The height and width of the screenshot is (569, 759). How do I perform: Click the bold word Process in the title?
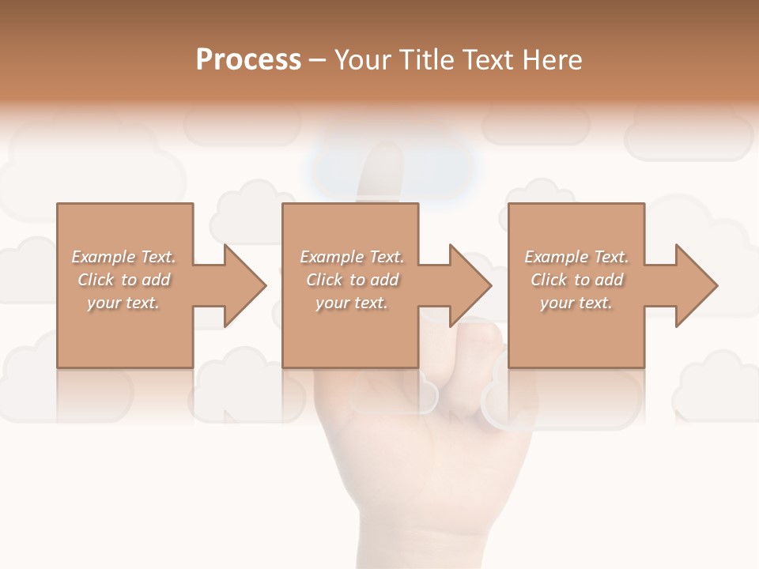click(248, 60)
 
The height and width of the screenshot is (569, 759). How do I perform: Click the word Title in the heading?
click(427, 60)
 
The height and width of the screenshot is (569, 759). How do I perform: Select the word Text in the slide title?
click(486, 60)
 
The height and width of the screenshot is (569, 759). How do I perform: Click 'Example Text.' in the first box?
click(123, 257)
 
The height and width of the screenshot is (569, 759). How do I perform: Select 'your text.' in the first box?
click(123, 303)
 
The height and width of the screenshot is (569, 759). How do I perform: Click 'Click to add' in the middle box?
click(352, 280)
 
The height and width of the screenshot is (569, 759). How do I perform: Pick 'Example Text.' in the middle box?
click(352, 257)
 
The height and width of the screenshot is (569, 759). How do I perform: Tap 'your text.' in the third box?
click(576, 303)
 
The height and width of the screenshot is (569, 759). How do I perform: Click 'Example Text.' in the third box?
click(576, 257)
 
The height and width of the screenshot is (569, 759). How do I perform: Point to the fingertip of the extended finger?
click(385, 158)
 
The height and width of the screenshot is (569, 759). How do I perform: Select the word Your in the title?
click(364, 60)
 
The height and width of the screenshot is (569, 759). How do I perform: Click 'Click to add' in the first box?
click(123, 280)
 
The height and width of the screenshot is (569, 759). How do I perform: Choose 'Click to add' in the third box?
click(576, 280)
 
